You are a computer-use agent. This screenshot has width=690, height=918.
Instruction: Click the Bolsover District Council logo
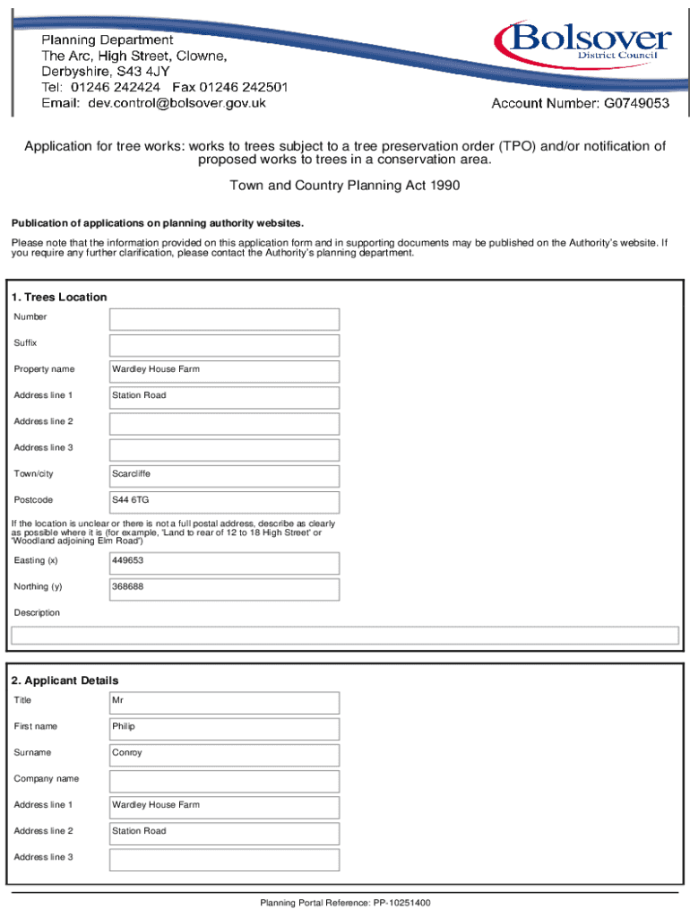point(582,42)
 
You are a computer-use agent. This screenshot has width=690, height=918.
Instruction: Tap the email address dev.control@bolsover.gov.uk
point(177,103)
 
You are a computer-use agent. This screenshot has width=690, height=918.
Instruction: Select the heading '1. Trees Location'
point(58,297)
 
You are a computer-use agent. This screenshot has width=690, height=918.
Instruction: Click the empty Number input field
point(224,319)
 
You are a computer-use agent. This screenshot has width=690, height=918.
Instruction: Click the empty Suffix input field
point(224,345)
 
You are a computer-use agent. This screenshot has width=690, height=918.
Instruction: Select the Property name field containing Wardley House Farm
point(224,371)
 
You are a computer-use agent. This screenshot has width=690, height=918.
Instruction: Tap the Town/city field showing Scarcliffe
point(224,475)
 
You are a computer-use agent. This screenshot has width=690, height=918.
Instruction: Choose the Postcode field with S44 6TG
point(224,501)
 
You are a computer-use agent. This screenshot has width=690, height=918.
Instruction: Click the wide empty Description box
point(344,636)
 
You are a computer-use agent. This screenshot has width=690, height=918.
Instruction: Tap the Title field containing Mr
point(224,703)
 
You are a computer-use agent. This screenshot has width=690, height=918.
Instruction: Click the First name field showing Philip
point(224,729)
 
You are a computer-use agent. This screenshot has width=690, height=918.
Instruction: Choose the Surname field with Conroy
point(224,755)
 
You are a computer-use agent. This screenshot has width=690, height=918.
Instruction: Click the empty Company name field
point(224,781)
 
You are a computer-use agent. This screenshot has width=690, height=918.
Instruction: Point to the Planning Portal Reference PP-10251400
point(345,903)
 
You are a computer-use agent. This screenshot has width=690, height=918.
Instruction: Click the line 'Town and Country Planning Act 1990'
point(344,186)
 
